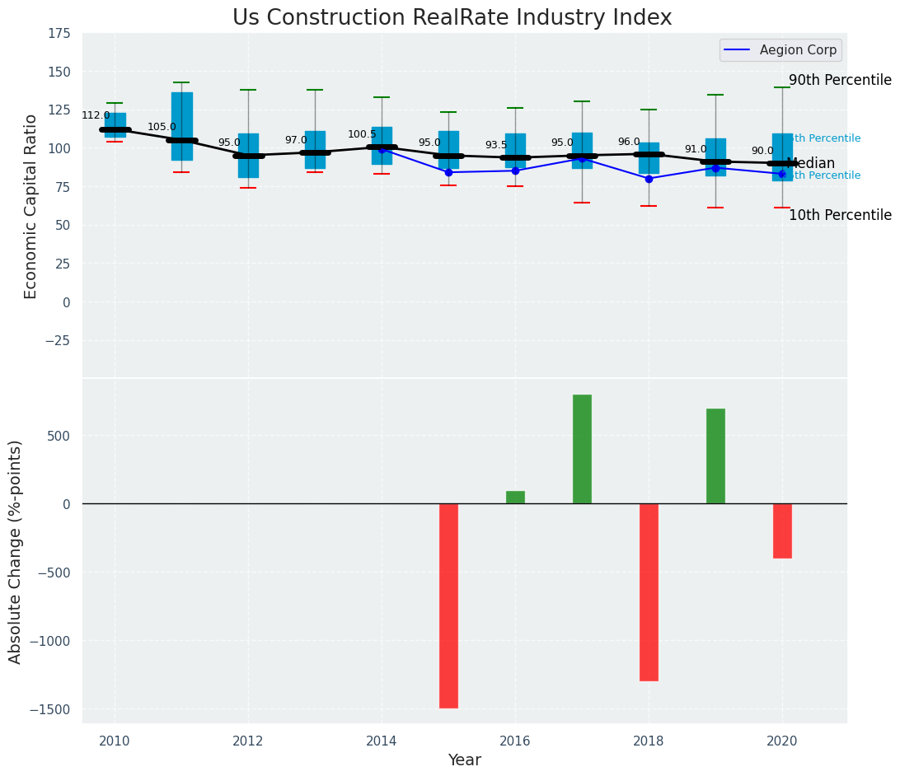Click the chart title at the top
point(452,18)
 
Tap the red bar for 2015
point(448,605)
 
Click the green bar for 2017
point(582,449)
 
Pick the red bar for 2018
point(649,591)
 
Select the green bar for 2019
point(715,456)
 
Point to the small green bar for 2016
point(515,497)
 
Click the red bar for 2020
point(782,531)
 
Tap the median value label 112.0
point(96,115)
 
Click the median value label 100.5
point(362,134)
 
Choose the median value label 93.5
point(496,145)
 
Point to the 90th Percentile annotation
point(840,80)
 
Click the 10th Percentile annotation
point(840,215)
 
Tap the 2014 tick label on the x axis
point(382,741)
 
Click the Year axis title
point(465,760)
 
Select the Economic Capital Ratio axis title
point(31,206)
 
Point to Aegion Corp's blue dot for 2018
point(649,179)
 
